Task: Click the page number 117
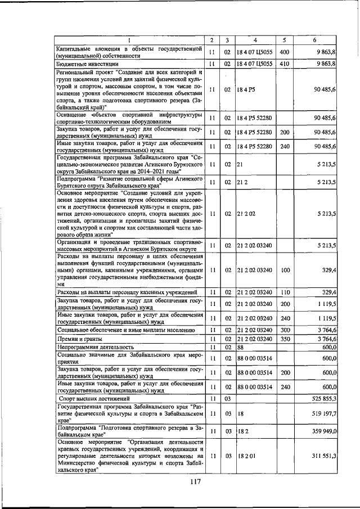click(x=195, y=481)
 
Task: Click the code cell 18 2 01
click(x=247, y=456)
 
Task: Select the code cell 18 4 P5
click(x=245, y=89)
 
